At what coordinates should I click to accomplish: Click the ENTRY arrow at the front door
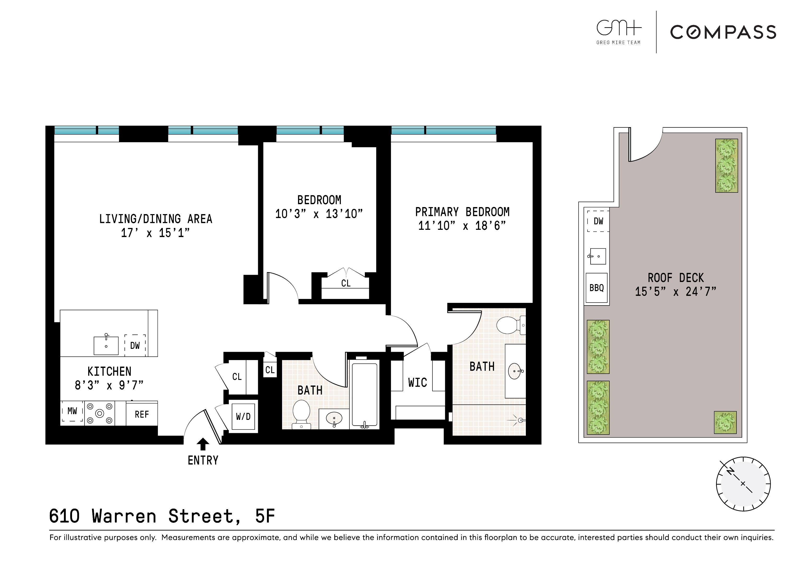tap(203, 444)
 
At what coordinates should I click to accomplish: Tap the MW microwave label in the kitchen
tap(72, 411)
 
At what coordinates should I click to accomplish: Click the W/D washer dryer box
tap(243, 416)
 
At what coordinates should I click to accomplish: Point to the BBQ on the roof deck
tap(596, 288)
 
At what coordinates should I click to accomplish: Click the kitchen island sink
tap(106, 345)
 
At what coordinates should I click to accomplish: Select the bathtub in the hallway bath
tap(365, 395)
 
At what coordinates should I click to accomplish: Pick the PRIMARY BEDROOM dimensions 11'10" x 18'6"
tap(462, 226)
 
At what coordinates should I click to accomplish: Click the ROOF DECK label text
tap(675, 278)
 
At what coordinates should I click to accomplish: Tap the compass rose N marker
tap(730, 471)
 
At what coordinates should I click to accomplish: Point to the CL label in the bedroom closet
tap(346, 283)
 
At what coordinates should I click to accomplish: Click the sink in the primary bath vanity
tap(515, 371)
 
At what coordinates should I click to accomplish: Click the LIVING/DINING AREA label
tap(156, 219)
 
